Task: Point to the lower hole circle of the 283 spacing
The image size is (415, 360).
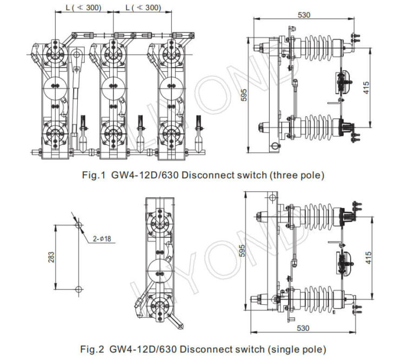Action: coord(78,290)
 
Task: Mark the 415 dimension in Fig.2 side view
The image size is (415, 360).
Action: coord(369,257)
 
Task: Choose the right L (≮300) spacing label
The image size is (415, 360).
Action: coord(143,8)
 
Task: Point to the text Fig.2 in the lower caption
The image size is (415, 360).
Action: coord(92,349)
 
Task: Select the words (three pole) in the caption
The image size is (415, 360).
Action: coord(298,176)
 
